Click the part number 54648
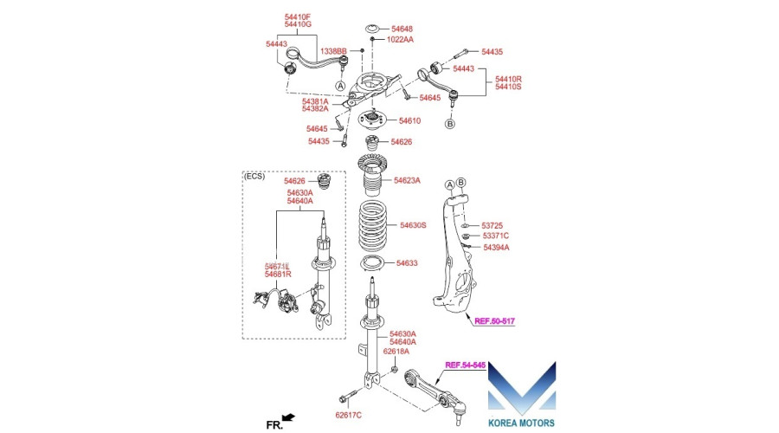tap(401, 29)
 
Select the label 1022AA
tap(400, 40)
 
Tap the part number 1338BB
tap(334, 53)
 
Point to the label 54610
tap(409, 121)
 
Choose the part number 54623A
tap(407, 181)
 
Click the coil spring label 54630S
tap(413, 225)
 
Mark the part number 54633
tap(407, 263)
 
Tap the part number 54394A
tap(496, 248)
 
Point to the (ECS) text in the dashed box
tap(254, 176)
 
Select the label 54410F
tap(298, 16)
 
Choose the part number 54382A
tap(315, 109)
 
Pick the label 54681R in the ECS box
tap(279, 275)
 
